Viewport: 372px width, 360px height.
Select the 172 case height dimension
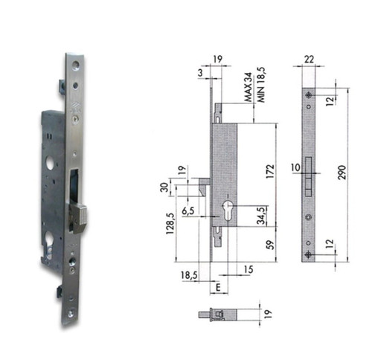pyautogui.click(x=270, y=171)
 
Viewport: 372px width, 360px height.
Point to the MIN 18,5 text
pyautogui.click(x=261, y=85)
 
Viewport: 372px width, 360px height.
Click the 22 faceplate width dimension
pyautogui.click(x=309, y=60)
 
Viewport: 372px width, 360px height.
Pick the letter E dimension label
pyautogui.click(x=218, y=287)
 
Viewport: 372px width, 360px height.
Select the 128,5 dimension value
pyautogui.click(x=170, y=224)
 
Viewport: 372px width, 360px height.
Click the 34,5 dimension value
pyautogui.click(x=261, y=216)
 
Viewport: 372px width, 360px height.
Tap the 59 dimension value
pyautogui.click(x=271, y=245)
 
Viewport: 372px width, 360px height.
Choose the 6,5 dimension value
pyautogui.click(x=188, y=211)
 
